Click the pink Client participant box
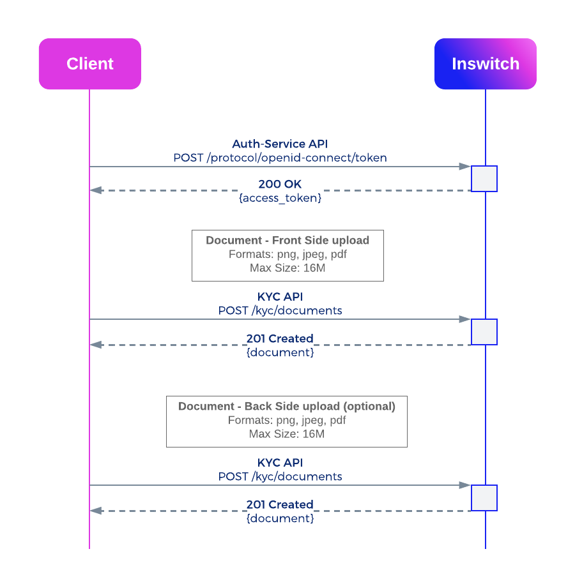[90, 63]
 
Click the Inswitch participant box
[485, 63]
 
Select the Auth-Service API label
[280, 144]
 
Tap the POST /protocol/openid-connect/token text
[280, 158]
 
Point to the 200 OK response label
[280, 184]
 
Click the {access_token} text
[280, 198]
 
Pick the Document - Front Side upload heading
[287, 240]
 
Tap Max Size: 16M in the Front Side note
[287, 267]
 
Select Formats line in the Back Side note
[287, 420]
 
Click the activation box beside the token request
[484, 179]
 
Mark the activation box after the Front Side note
[484, 332]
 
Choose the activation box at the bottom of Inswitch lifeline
[484, 498]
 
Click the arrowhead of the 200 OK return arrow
[96, 190]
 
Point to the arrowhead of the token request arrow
[465, 167]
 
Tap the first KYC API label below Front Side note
[280, 296]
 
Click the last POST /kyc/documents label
[280, 476]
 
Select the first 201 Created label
[280, 338]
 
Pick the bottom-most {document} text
[280, 518]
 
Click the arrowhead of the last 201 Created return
[96, 511]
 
